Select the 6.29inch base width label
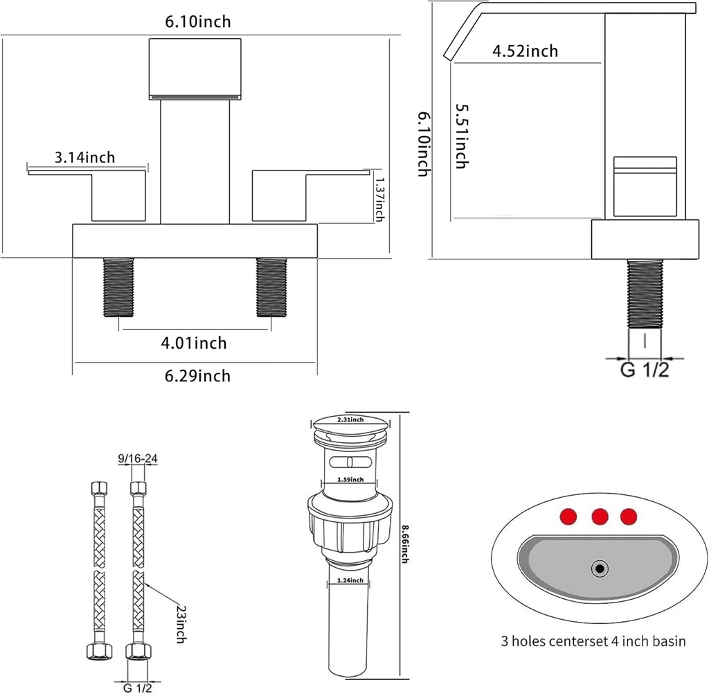click(x=197, y=376)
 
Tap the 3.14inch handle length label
click(x=84, y=158)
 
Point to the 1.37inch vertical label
click(x=379, y=198)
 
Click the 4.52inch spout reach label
click(x=526, y=51)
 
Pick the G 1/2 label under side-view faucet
click(x=644, y=371)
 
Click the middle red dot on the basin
click(x=600, y=517)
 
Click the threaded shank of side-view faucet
click(x=645, y=293)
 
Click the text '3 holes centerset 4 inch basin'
click(x=593, y=641)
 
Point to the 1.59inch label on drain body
click(x=350, y=480)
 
